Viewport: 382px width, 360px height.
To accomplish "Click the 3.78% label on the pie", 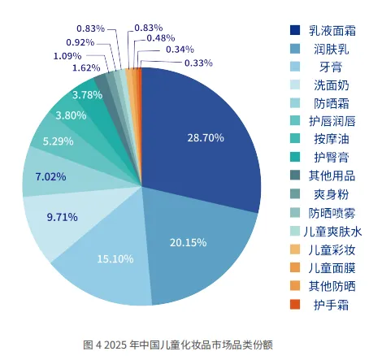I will (x=87, y=95).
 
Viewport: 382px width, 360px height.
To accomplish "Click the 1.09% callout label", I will (x=67, y=55).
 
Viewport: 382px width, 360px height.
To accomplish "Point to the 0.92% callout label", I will (x=80, y=41).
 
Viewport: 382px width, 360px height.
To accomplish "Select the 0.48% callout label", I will (x=161, y=37).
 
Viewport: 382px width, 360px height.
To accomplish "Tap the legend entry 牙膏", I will (x=331, y=67).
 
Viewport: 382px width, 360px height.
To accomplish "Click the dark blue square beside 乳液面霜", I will (x=295, y=30).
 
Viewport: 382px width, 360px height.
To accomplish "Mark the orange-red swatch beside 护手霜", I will (x=295, y=305).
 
